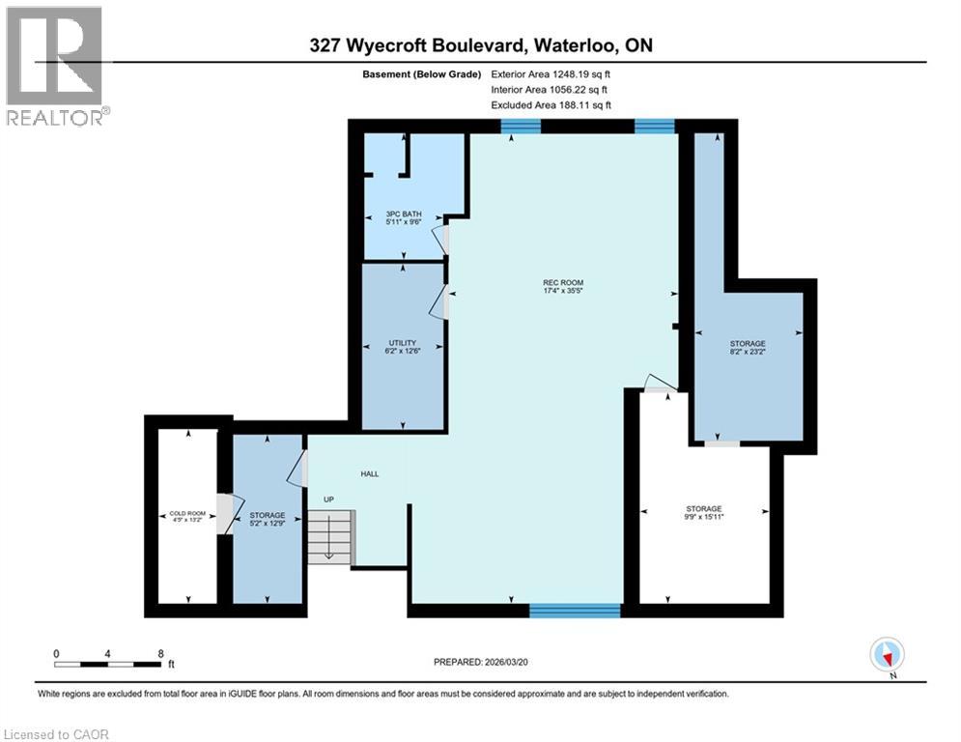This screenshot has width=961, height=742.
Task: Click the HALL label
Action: pyautogui.click(x=369, y=474)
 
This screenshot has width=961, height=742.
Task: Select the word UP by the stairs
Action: pyautogui.click(x=329, y=499)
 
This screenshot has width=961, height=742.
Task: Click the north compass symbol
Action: pyautogui.click(x=886, y=655)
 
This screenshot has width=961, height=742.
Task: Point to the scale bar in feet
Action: pyautogui.click(x=109, y=664)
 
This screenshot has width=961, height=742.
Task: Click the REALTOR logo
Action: pyautogui.click(x=55, y=67)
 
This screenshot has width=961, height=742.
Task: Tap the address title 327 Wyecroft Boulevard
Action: pyautogui.click(x=481, y=45)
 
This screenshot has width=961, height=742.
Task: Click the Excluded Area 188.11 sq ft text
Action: pyautogui.click(x=551, y=105)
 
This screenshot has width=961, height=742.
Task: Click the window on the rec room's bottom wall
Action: pyautogui.click(x=575, y=610)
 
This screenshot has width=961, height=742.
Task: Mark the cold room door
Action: pyautogui.click(x=225, y=513)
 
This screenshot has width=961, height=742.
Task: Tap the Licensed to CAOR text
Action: pyautogui.click(x=58, y=734)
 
